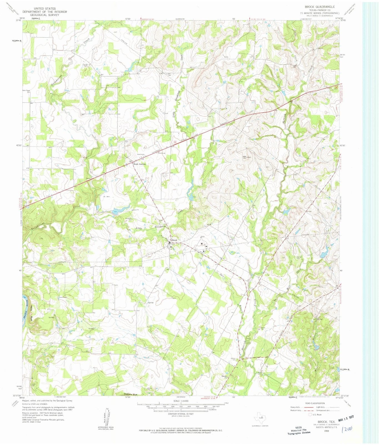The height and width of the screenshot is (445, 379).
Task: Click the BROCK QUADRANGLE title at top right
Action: (320, 7)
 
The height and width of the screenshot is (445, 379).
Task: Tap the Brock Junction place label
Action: (139, 164)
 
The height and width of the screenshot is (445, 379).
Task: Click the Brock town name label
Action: (174, 240)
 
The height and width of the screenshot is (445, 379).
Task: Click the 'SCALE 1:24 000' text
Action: (181, 401)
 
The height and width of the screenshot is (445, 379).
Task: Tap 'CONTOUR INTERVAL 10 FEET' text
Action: (181, 414)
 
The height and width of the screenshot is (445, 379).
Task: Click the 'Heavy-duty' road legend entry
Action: (295, 407)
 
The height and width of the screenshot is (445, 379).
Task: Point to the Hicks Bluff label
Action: (32, 313)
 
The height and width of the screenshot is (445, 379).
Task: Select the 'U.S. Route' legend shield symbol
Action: (310, 414)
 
